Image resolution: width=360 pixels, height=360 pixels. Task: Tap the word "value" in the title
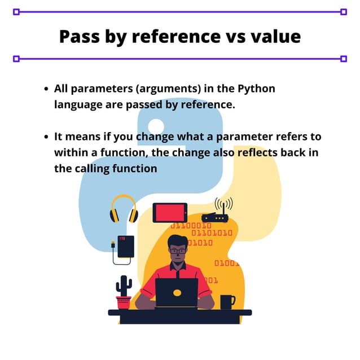click(274, 36)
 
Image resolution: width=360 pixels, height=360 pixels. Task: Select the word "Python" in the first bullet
click(257, 89)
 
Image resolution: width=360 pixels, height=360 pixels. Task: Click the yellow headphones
click(124, 209)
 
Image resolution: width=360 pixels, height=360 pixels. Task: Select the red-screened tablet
click(170, 213)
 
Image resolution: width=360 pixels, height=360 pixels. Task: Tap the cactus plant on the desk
click(124, 286)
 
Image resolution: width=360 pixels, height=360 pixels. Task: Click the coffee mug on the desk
click(227, 302)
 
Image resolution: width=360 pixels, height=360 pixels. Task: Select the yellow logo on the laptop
click(177, 293)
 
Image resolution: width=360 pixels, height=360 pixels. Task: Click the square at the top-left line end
click(16, 11)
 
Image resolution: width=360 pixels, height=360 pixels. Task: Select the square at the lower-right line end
click(344, 58)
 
